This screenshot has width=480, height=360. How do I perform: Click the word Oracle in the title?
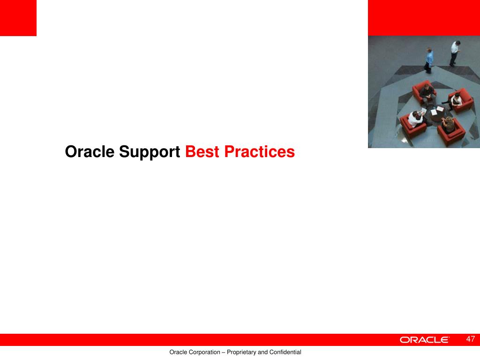coord(90,151)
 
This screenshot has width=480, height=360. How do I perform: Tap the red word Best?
coord(202,151)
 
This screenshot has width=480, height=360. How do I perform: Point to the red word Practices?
coord(259,151)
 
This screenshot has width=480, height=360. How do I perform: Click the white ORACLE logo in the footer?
coord(424,340)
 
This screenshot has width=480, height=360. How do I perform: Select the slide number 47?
coord(471,339)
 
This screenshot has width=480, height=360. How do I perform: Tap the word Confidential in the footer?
coord(285,352)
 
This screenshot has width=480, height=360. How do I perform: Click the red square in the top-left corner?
coord(18,18)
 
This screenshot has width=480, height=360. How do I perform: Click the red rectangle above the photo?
coord(424,18)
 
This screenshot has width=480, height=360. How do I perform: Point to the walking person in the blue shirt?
coord(429,60)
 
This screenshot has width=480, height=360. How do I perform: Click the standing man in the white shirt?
coord(455,53)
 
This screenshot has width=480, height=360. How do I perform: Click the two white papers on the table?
coord(437,111)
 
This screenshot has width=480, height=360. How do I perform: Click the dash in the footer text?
coord(224,352)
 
